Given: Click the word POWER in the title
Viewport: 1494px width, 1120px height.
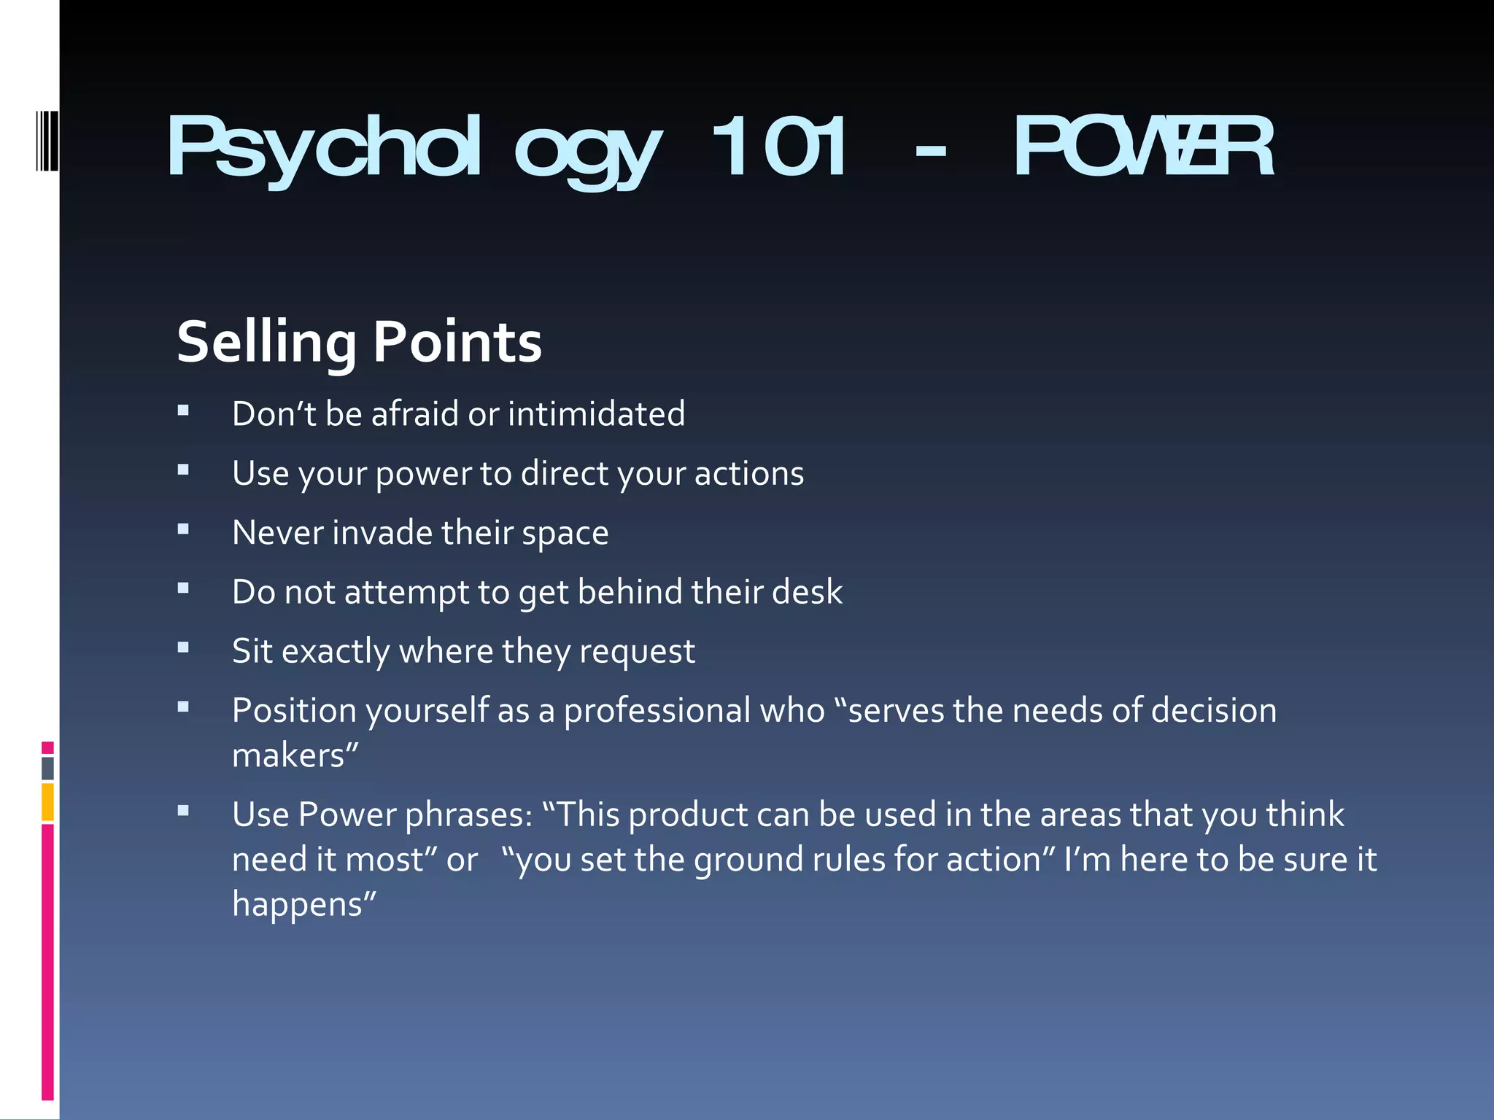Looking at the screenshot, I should [x=1144, y=148].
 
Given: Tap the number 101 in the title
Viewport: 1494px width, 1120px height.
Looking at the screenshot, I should [x=779, y=148].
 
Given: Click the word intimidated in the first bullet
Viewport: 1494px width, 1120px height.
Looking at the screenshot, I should [x=596, y=413].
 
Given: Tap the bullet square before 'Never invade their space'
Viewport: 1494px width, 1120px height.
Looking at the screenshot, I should [x=183, y=529].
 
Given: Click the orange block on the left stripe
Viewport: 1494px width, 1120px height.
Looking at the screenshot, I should [x=47, y=801].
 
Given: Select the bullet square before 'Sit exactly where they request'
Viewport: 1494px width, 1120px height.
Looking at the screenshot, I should [x=183, y=647].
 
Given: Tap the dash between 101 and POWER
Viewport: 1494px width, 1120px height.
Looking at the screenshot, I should [x=930, y=152].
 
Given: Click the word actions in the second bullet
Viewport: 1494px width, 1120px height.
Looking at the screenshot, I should [x=748, y=473].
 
